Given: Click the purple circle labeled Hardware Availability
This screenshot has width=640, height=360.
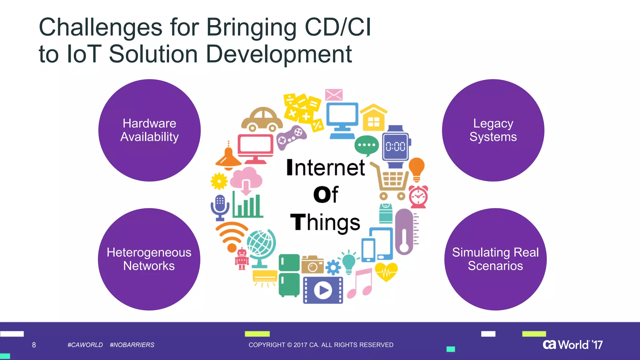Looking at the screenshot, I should pos(149,130).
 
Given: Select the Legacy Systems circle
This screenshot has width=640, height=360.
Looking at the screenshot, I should pos(493,130).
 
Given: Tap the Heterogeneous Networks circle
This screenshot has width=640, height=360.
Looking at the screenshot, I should pos(149,259).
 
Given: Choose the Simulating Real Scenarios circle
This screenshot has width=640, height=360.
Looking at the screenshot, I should pos(495,259).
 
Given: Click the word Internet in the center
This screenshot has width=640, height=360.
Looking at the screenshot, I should pos(325,168).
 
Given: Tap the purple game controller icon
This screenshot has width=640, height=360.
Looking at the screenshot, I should pos(291,137).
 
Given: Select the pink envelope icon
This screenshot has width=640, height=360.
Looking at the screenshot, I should pos(334,95).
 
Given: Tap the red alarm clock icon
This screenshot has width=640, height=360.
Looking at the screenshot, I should pos(418,197).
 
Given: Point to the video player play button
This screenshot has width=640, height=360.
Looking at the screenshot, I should pos(323,290).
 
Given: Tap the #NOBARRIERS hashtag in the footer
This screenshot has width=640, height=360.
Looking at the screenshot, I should pos(132,345).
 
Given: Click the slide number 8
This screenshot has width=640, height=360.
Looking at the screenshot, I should pos(34,345).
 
